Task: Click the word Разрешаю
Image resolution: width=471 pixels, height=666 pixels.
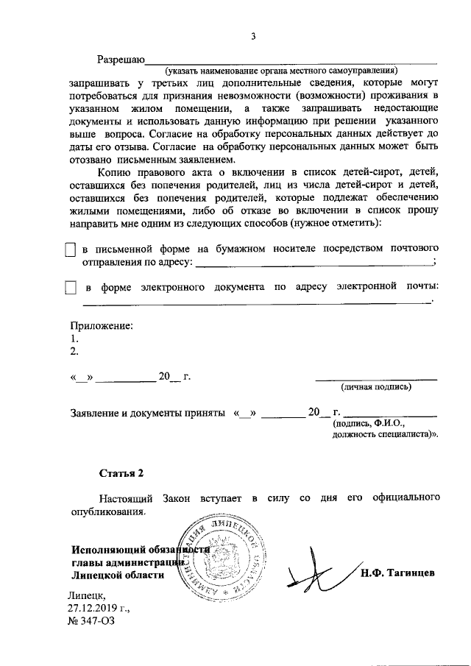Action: [121, 59]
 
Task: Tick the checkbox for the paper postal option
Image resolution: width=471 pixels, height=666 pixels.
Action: [71, 251]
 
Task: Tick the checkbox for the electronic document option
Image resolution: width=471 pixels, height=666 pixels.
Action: [71, 287]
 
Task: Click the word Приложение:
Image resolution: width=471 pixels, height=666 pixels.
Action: [102, 325]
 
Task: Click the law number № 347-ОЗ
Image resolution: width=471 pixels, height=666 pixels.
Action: [91, 621]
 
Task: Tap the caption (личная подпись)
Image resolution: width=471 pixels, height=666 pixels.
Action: [375, 386]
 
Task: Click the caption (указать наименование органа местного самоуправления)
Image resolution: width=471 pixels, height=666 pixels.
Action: [281, 71]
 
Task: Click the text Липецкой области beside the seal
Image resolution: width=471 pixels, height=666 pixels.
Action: [118, 575]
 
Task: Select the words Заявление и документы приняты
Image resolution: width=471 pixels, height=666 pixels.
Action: [148, 413]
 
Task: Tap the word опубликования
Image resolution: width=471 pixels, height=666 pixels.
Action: [110, 511]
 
